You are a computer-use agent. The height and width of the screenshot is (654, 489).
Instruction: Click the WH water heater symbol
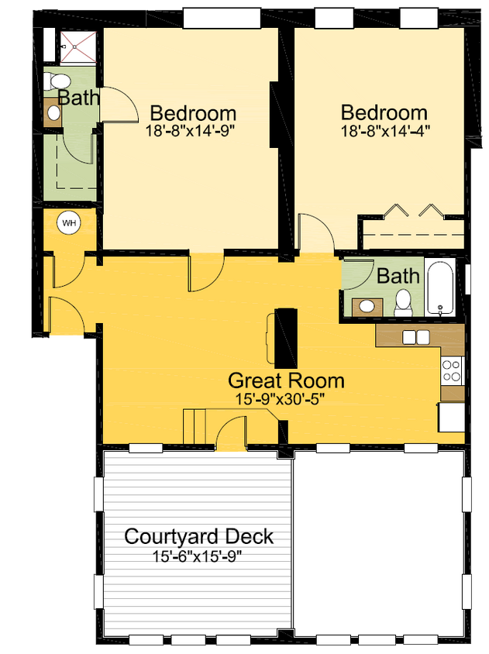click(69, 223)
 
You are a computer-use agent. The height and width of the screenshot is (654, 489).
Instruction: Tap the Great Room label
click(286, 381)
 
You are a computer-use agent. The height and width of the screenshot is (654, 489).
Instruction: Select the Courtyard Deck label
click(199, 536)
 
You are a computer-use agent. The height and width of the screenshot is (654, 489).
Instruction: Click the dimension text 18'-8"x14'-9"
click(190, 130)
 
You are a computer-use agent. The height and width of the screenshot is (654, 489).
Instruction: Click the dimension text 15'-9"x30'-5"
click(286, 400)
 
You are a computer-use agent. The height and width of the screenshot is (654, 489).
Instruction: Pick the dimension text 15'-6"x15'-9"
click(199, 556)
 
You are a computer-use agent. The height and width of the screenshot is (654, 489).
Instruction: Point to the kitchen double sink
click(416, 337)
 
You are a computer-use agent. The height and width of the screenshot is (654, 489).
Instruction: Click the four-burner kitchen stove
click(451, 371)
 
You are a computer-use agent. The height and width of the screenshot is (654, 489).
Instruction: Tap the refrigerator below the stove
click(452, 416)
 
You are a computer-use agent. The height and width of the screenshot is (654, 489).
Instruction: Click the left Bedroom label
click(193, 112)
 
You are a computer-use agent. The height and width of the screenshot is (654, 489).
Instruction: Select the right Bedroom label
click(384, 112)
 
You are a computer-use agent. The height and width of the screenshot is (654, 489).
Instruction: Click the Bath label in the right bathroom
click(398, 275)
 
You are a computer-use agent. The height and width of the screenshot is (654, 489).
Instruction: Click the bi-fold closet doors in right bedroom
click(415, 211)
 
